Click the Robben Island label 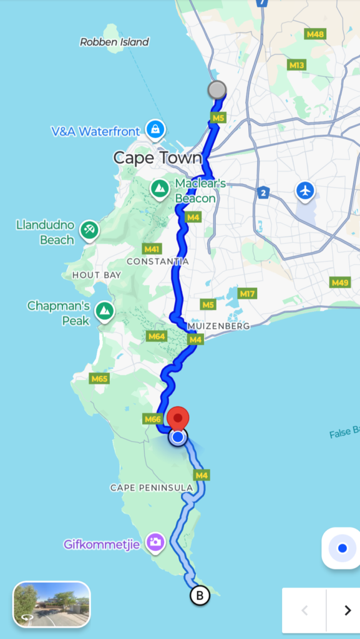(114, 42)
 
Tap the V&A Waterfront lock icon (154, 130)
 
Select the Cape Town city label (157, 158)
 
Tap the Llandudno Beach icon (89, 229)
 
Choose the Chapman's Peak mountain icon (105, 310)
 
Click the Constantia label (157, 261)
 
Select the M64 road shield (157, 336)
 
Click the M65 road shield (99, 378)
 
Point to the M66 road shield (153, 419)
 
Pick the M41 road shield (152, 248)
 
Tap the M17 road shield (248, 293)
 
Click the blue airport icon (305, 190)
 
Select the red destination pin (180, 419)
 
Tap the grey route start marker (216, 90)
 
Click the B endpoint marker (200, 595)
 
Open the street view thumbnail (52, 603)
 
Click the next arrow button (348, 610)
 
